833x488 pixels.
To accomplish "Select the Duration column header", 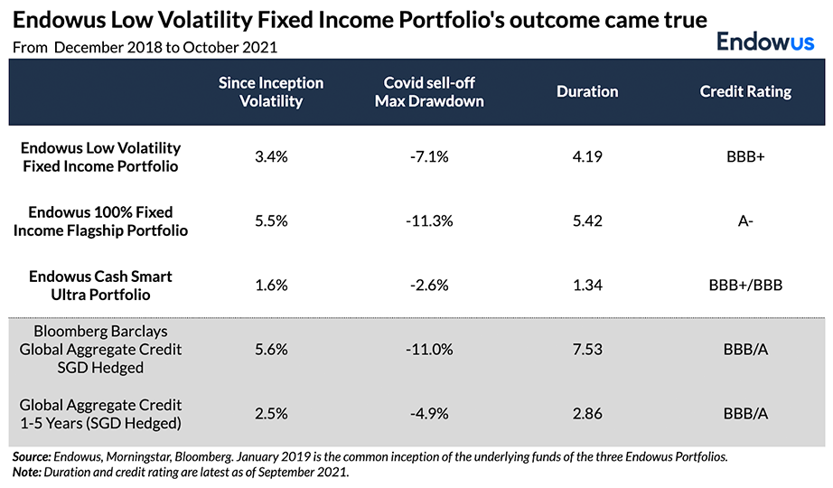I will (587, 91).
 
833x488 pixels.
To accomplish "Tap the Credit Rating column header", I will (745, 91).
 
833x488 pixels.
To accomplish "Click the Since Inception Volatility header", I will (270, 91).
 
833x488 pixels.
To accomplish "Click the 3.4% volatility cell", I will (271, 156).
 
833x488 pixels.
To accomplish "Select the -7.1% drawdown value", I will (429, 156).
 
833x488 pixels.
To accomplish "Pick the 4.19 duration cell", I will (587, 156).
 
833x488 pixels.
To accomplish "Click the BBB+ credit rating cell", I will (745, 156).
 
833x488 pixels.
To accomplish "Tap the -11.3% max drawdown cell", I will (429, 221).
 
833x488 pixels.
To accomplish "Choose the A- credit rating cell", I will (745, 221).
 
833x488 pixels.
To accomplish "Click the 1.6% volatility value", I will (271, 285).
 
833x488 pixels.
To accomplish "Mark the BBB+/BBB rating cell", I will (745, 285).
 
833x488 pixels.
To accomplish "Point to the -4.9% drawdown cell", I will (429, 414).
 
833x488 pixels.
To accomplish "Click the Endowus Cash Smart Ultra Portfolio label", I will (100, 285).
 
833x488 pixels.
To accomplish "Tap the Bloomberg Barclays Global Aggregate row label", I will (100, 349).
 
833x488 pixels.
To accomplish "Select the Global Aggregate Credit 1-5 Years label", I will (100, 414).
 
